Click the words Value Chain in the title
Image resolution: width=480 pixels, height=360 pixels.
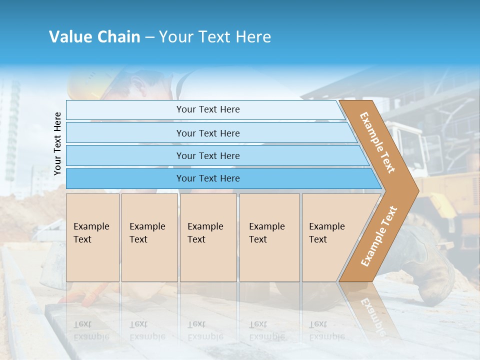point(94,37)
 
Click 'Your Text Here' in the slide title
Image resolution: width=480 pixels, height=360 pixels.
point(215,37)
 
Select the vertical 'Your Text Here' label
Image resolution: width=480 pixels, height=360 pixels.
point(57,143)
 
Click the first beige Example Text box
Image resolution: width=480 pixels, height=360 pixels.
point(92,237)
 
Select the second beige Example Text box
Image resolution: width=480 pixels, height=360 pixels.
point(149,237)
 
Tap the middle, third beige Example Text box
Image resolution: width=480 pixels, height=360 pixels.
point(207,237)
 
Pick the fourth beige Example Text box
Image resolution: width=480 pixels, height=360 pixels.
point(269,237)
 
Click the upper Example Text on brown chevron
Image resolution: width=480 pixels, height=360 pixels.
point(377,143)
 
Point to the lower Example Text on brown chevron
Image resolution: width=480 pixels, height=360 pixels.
point(379,236)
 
